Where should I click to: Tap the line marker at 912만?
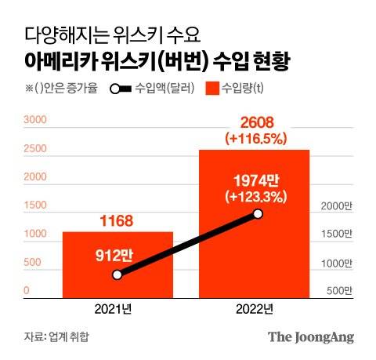coord(117,275)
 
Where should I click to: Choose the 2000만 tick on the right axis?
coord(338,206)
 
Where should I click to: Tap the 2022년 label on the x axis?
coord(254,308)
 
